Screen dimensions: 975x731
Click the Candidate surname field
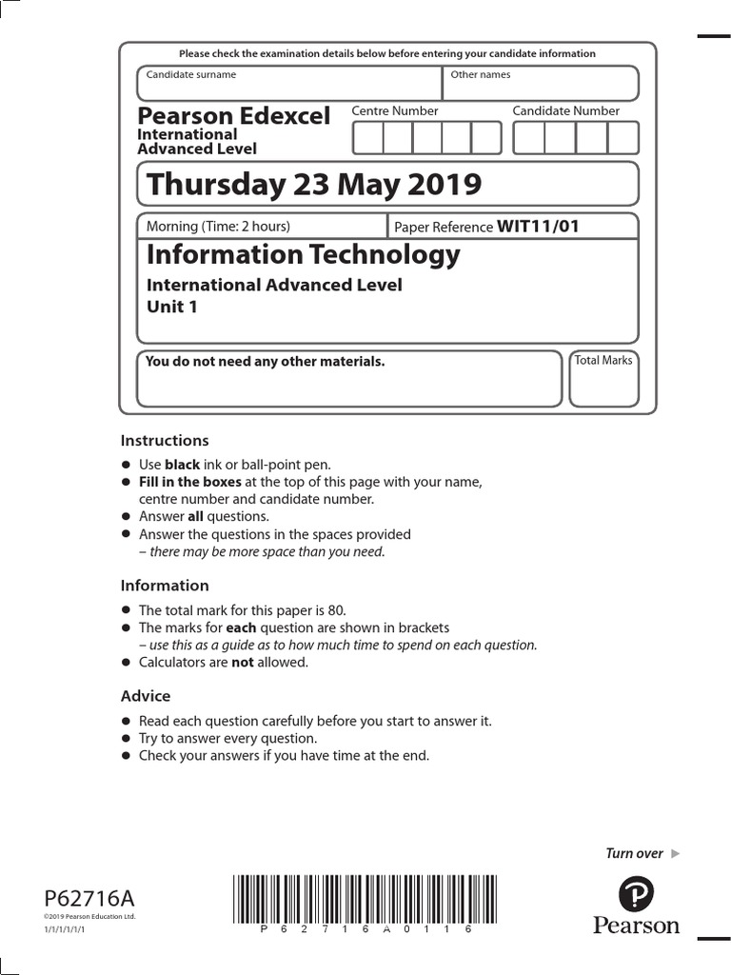289,84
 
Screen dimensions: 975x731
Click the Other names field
540,84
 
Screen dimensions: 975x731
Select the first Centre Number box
368,138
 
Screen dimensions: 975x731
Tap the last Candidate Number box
623,138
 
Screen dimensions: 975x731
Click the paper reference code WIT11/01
538,227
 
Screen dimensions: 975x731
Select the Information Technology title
303,254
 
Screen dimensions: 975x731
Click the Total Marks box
603,379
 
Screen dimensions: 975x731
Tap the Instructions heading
164,441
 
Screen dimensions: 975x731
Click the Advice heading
146,696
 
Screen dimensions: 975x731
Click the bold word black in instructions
182,465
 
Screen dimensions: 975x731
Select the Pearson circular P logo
636,895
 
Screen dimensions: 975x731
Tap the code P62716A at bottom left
89,898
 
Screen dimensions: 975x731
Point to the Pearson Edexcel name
233,116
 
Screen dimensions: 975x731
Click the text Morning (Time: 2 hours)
218,227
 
